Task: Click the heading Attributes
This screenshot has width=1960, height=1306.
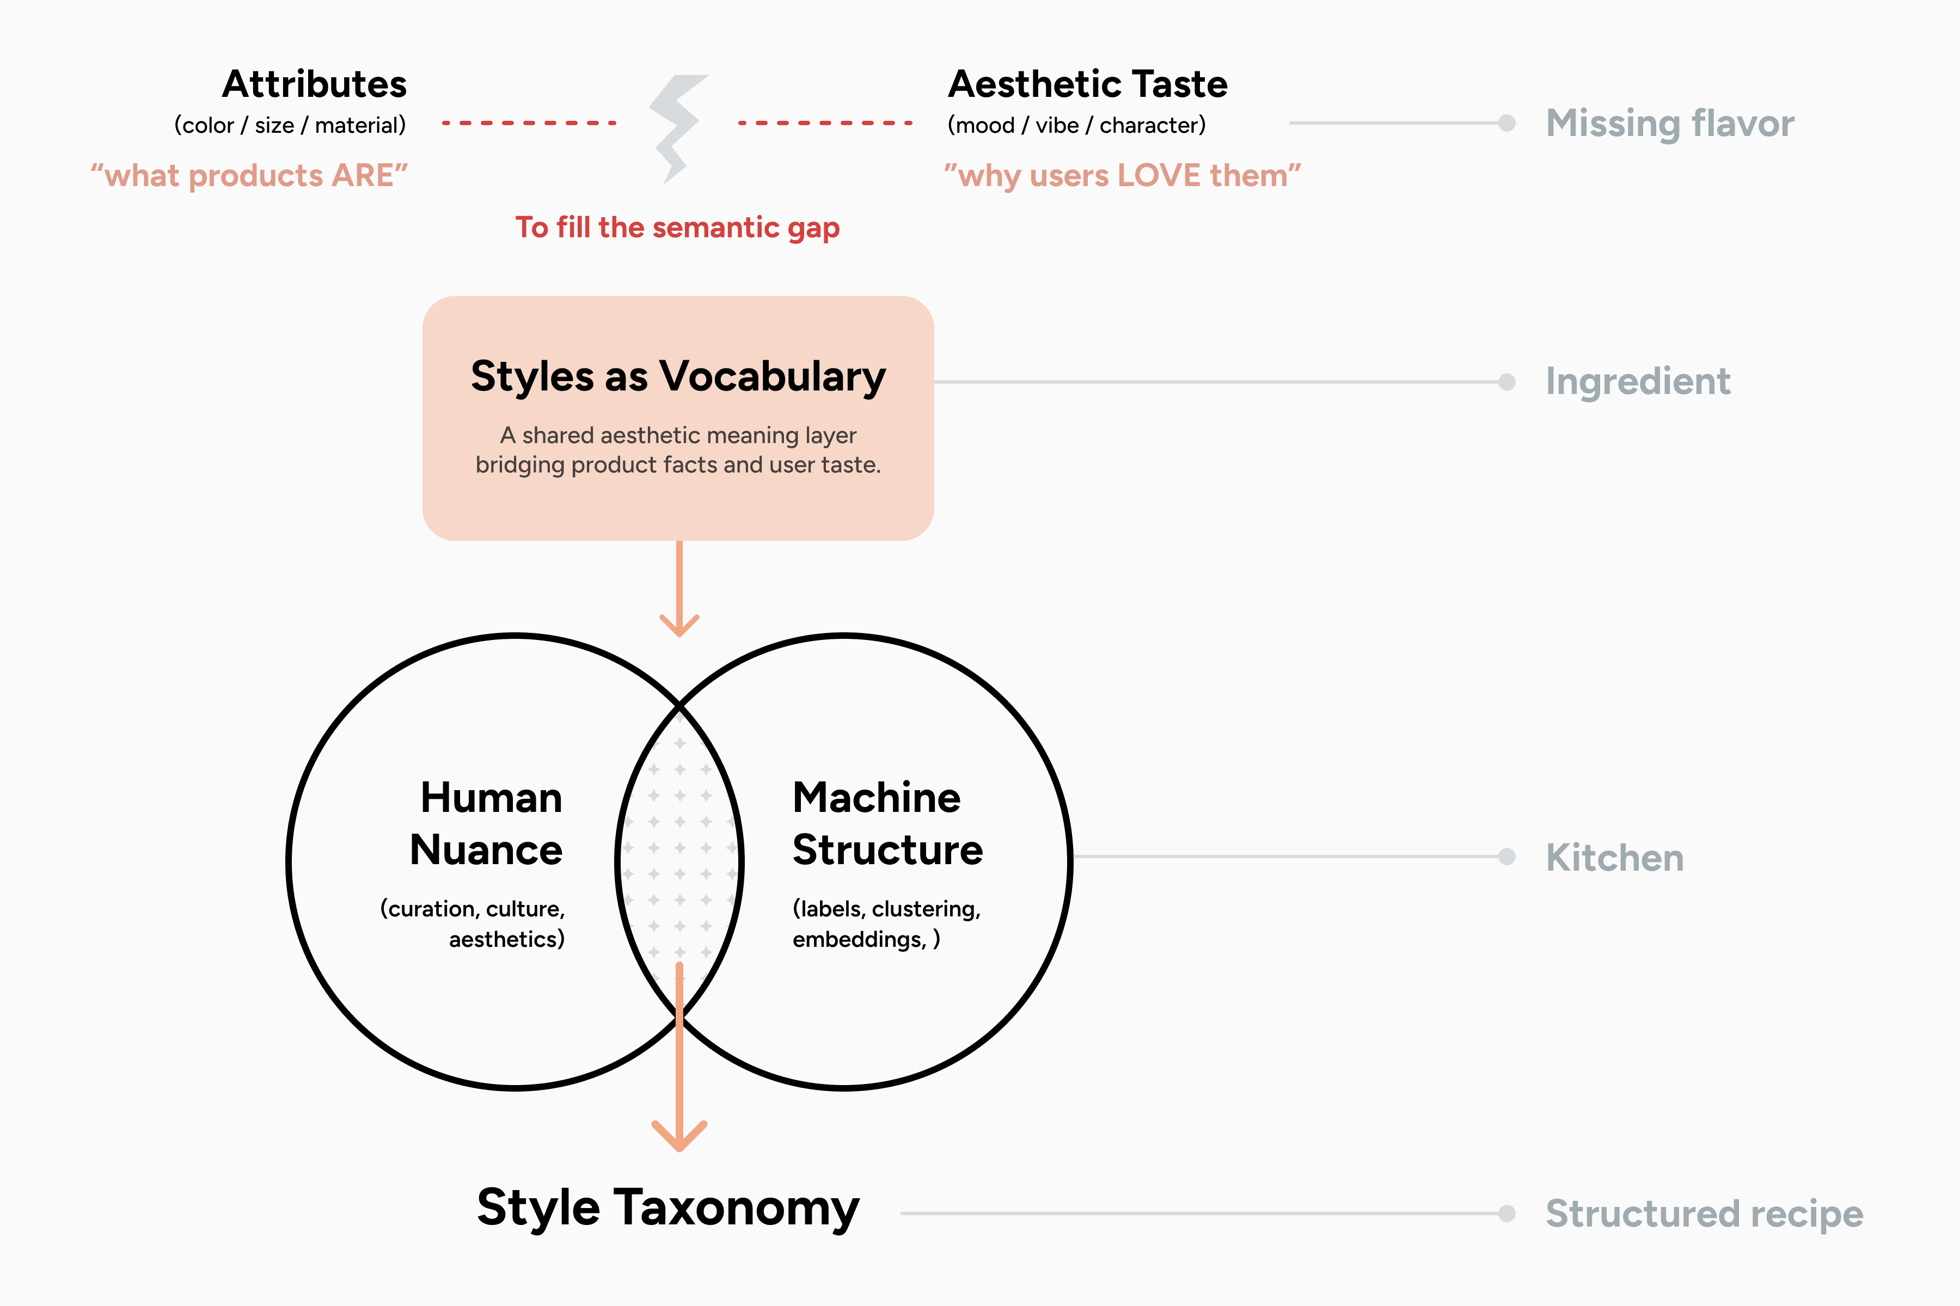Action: coord(314,84)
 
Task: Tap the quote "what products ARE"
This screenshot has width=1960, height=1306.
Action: coord(249,176)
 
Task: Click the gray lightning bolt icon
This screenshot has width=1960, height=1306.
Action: coord(677,127)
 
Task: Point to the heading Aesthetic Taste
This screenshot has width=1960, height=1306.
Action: coord(1087,84)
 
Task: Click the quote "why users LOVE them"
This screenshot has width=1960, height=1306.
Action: coord(1122,176)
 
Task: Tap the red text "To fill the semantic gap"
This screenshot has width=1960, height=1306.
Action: coord(677,227)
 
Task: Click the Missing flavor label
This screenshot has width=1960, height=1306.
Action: coord(1669,124)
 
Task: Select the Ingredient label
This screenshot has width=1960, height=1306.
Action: coord(1638,381)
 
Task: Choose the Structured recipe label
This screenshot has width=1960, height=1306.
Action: coord(1704,1213)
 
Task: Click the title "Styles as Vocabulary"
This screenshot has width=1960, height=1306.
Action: coord(677,377)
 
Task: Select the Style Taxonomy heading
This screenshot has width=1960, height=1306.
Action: coord(667,1207)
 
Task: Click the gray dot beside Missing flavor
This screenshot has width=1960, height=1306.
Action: coord(1506,124)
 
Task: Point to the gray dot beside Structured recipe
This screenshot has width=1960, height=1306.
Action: coord(1506,1213)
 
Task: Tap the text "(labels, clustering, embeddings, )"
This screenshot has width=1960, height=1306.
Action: coord(886,923)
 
